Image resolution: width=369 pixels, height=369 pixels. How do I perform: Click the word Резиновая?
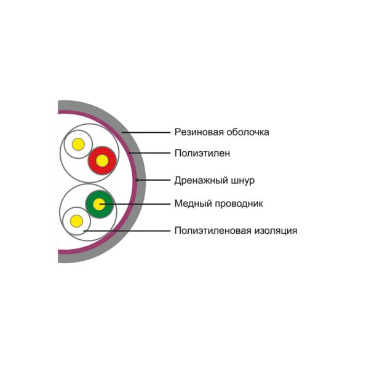[199, 132]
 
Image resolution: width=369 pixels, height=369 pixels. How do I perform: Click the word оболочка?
[248, 132]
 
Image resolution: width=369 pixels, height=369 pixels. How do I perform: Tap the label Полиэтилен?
[202, 153]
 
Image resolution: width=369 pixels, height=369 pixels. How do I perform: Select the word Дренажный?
[201, 181]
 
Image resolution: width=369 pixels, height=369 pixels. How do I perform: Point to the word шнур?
[244, 181]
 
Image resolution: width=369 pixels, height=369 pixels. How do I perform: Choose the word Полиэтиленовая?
[213, 231]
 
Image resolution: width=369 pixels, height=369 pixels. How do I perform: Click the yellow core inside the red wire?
[102, 161]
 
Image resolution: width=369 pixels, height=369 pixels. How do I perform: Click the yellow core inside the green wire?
[99, 204]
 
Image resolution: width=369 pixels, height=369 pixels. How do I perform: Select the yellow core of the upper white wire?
[78, 145]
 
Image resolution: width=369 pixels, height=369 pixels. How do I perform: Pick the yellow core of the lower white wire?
[77, 221]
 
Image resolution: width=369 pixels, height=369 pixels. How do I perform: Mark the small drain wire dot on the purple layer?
[137, 180]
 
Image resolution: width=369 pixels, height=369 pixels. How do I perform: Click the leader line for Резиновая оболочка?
[146, 132]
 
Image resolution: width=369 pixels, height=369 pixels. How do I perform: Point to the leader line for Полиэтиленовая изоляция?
[127, 231]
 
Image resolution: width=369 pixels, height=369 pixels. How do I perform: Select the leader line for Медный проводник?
[135, 204]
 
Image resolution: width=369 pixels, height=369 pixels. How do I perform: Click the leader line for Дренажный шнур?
[153, 180]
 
